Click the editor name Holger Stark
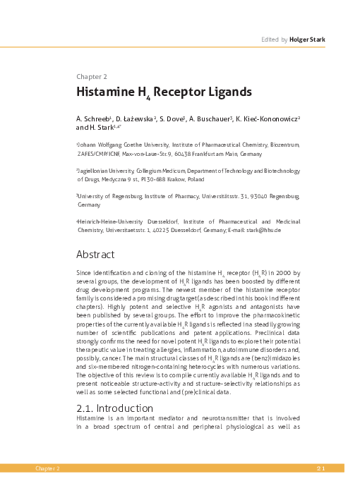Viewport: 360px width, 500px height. tap(308, 39)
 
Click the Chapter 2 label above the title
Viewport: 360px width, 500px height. tap(92, 75)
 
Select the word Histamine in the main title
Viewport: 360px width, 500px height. tap(105, 92)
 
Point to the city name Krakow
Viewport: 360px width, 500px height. tap(189, 179)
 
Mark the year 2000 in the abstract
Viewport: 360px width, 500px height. tap(278, 273)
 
